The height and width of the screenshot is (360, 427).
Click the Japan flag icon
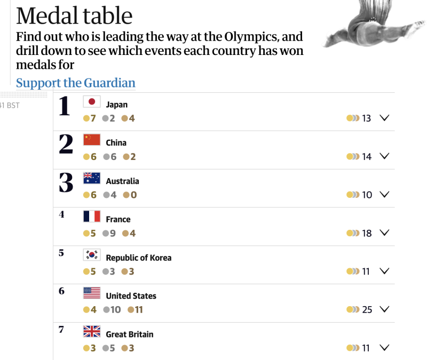click(92, 101)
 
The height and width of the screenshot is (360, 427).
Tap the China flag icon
click(92, 140)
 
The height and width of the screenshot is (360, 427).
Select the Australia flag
click(92, 178)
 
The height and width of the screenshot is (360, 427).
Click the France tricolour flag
click(92, 217)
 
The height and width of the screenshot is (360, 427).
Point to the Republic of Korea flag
click(92, 255)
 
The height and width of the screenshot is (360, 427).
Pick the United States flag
click(92, 293)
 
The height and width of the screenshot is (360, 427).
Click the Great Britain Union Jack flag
click(92, 331)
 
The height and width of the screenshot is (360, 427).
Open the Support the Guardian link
click(75, 83)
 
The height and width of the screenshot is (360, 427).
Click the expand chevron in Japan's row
click(384, 118)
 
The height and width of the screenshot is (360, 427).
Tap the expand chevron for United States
click(384, 309)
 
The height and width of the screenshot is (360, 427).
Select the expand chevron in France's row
click(384, 233)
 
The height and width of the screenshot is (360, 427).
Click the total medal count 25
click(367, 310)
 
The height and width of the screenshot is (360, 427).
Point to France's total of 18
click(367, 233)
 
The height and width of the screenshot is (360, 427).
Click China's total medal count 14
click(367, 157)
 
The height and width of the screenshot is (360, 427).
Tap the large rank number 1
click(65, 106)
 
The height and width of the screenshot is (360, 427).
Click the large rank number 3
click(66, 182)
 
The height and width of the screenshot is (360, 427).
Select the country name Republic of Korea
click(139, 258)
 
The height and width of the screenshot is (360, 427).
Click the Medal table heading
click(74, 15)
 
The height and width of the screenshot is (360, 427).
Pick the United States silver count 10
click(115, 310)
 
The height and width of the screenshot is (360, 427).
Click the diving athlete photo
click(374, 24)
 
